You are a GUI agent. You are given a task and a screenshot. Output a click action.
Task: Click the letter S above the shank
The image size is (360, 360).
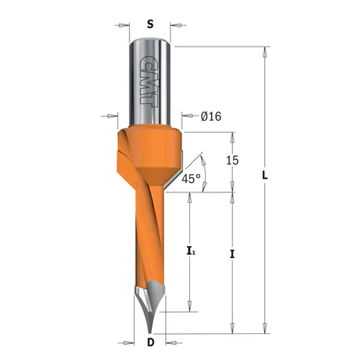click(150, 23)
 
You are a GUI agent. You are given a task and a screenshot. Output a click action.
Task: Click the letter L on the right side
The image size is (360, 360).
click(266, 176)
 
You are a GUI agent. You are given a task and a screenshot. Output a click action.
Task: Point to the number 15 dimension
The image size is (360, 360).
click(232, 162)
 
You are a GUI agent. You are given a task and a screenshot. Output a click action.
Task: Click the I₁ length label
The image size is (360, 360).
click(190, 251)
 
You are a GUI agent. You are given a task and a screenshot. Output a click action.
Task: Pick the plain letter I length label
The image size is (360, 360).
click(232, 253)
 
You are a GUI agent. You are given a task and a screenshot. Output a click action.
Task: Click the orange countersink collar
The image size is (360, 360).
click(148, 155)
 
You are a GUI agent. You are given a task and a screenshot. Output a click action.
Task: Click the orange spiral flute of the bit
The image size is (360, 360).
click(148, 238)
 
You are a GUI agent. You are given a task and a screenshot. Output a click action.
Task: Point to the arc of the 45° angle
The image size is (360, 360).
click(205, 173)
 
